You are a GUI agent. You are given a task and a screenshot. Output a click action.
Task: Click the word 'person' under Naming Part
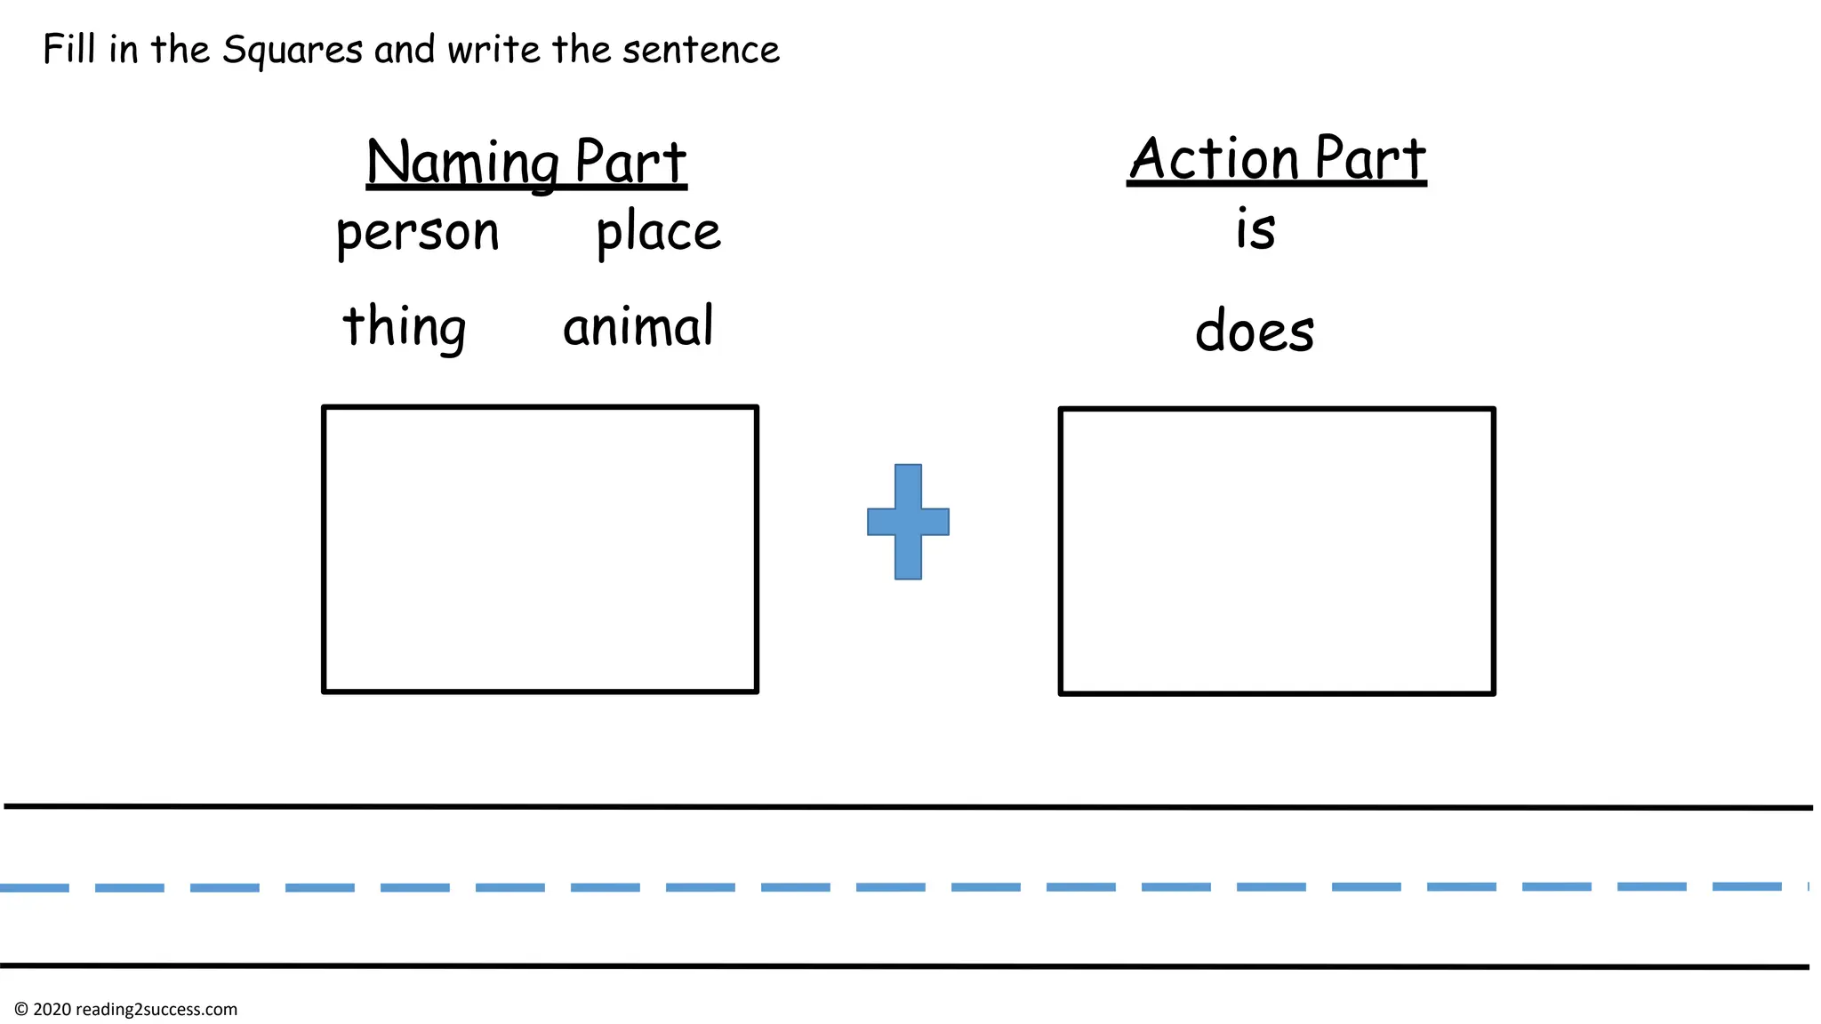point(417,233)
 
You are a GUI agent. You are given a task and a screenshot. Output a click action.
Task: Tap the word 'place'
point(658,233)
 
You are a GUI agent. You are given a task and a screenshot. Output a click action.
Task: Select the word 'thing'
point(405,326)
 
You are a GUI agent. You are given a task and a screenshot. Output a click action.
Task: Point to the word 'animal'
point(638,326)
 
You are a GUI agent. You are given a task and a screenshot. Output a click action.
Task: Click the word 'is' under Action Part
point(1255,229)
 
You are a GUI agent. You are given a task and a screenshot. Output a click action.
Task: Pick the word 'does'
point(1255,330)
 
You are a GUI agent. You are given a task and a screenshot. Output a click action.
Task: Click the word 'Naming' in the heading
point(462,163)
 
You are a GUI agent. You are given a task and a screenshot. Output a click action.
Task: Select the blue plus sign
point(908,522)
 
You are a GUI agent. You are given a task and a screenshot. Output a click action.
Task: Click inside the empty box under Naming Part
point(540,549)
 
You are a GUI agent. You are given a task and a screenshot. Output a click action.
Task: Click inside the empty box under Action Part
point(1277,551)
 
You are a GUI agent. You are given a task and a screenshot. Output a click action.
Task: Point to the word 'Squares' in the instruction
point(293,51)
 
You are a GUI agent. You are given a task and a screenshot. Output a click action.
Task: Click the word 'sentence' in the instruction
point(701,50)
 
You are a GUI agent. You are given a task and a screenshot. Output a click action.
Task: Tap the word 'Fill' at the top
point(68,49)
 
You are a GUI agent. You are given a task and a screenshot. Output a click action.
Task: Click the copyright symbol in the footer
point(21,1010)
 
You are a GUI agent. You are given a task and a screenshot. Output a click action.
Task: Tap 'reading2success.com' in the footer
point(156,1010)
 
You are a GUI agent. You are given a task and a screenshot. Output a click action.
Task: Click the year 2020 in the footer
point(52,1010)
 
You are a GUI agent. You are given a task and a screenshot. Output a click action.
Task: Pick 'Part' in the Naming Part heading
point(630,163)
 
